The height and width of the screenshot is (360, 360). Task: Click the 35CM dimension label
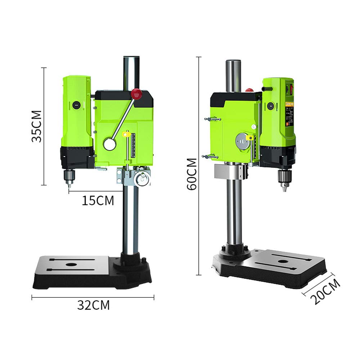click(37, 126)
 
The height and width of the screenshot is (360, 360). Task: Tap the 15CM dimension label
click(98, 200)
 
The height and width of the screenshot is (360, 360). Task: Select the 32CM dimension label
click(93, 305)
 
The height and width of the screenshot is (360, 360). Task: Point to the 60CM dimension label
click(192, 174)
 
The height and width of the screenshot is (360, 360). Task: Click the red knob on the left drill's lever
click(136, 94)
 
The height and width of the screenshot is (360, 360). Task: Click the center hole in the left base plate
click(71, 265)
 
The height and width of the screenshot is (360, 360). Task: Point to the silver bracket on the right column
click(225, 171)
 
